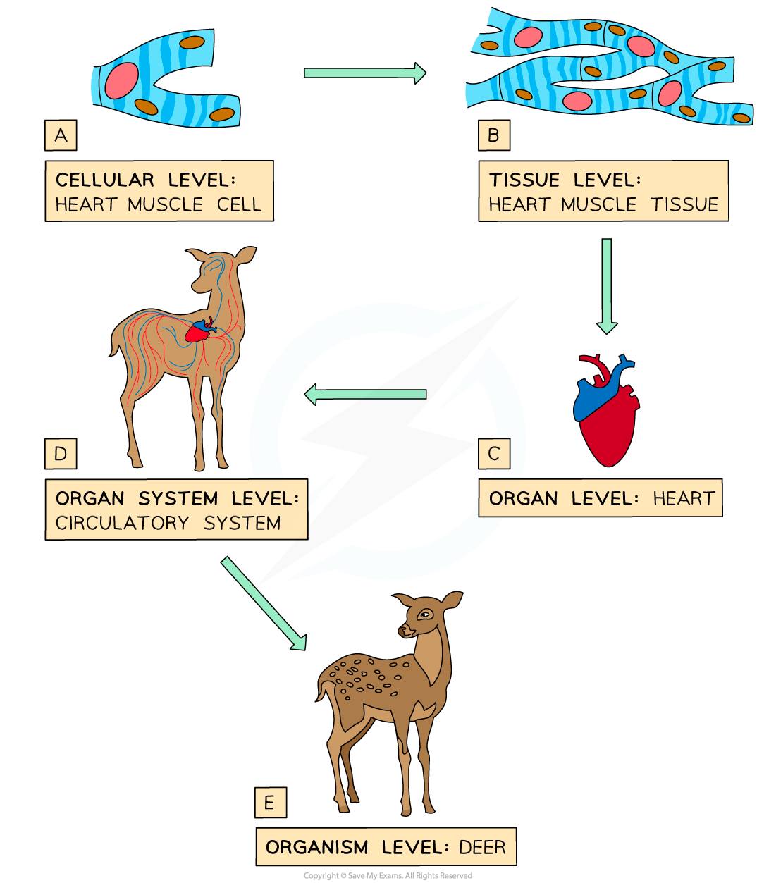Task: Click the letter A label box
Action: (61, 135)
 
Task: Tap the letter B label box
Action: (493, 135)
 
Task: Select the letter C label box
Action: (493, 454)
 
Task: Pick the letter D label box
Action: (61, 454)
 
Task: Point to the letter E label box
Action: (270, 803)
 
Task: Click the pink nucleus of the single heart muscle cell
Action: (122, 81)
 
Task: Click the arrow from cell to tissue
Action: (364, 73)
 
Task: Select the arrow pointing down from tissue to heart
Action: (606, 285)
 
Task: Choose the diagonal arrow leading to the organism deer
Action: (264, 603)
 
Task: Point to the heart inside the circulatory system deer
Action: (199, 331)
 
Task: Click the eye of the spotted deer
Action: (424, 615)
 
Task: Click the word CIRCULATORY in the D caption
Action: (122, 524)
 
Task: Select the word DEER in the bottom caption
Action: (482, 847)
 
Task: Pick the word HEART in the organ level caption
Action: (683, 499)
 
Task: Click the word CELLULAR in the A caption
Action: (104, 180)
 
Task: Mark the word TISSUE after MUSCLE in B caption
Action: (684, 205)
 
